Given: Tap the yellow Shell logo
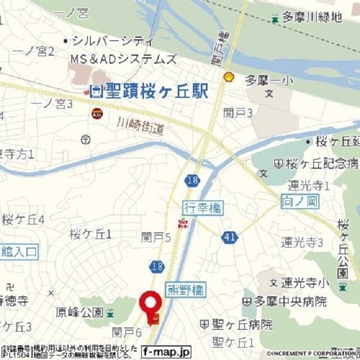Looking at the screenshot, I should (x=228, y=77).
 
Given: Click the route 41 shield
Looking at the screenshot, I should (x=229, y=238).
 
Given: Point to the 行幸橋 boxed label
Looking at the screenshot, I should (x=202, y=209).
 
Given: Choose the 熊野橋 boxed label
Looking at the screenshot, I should (x=186, y=290).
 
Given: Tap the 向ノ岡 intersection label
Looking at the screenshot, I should (x=300, y=200).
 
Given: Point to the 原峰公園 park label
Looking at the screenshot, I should (x=79, y=312).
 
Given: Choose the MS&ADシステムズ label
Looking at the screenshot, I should (x=123, y=59).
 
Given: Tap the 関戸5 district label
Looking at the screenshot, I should (x=156, y=238).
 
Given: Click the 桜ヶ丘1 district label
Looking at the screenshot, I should (x=90, y=233).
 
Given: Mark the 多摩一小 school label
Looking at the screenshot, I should (x=268, y=81).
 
